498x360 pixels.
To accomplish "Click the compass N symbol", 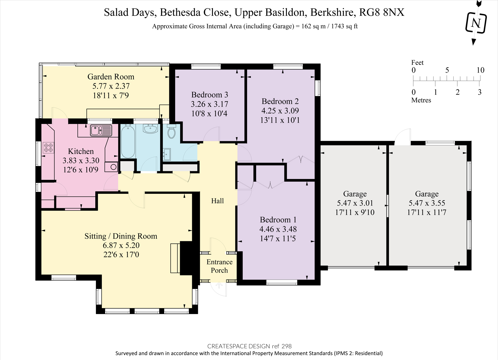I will pos(476,23).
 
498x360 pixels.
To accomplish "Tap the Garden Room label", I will pos(111,77).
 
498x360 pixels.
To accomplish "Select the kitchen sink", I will pos(101,130).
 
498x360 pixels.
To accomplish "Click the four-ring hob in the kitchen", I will pos(48,147).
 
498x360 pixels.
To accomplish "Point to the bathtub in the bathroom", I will pos(128,142).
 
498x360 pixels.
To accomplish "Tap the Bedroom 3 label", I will pos(210,95).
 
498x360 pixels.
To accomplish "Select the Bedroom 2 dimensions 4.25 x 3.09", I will pos(280,111).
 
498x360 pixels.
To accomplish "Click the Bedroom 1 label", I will pos(278,220).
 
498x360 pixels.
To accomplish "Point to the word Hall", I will pos(217,201).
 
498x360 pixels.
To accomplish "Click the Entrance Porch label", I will pos(219,266).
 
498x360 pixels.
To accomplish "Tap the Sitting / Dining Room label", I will pos(121,236).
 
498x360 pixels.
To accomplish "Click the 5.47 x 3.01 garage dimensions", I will pos(355,203).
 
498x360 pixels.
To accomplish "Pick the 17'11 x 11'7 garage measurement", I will pos(427,212).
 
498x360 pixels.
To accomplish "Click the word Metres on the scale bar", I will pos(421,100).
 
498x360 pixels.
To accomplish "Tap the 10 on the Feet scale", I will pos(480,70).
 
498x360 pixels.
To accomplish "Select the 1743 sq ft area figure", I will pos(344,26).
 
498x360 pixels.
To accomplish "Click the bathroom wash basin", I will pos(151,129).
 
